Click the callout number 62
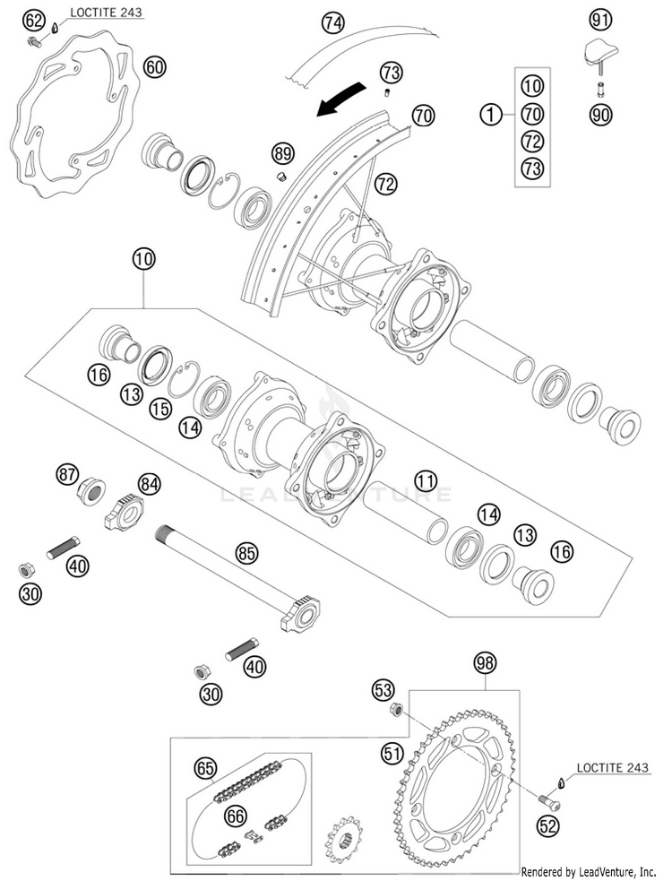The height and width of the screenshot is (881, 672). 33,20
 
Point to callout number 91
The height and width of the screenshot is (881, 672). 599,19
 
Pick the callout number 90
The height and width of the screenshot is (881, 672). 599,114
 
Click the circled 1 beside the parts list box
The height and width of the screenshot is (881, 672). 489,114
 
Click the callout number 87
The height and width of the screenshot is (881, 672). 68,475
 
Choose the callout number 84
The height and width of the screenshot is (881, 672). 149,484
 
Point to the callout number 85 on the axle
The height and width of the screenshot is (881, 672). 247,553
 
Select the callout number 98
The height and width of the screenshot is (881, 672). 485,663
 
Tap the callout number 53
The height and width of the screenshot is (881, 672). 383,689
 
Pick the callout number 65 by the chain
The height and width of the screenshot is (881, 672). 205,767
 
